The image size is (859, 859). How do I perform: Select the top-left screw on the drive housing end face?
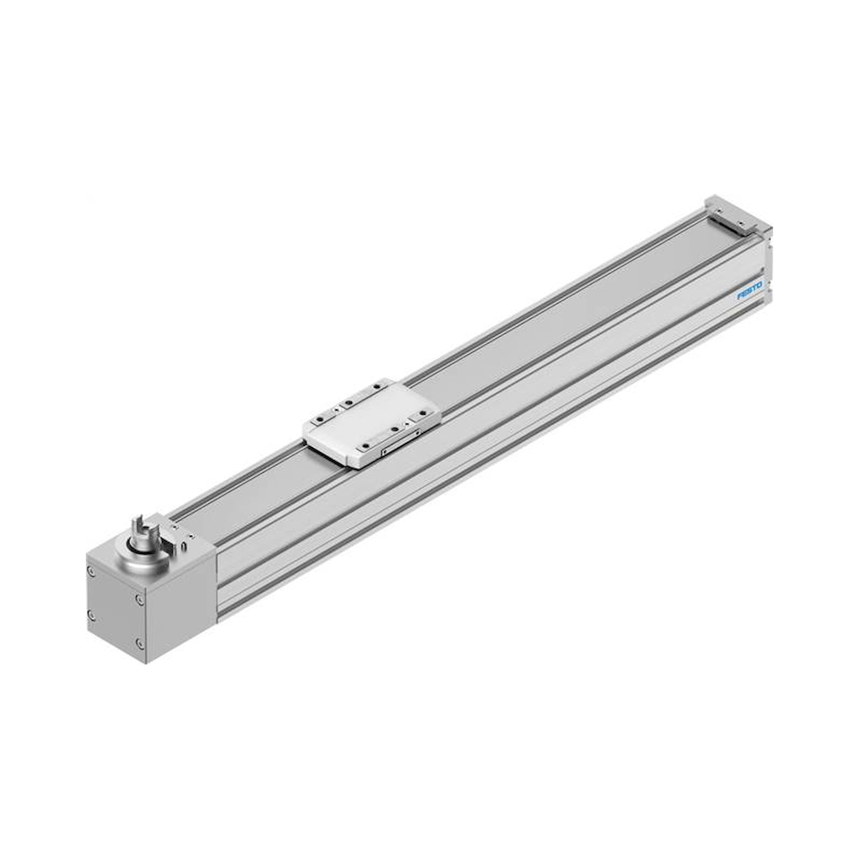pos(91,571)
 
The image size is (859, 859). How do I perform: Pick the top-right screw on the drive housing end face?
pos(140,599)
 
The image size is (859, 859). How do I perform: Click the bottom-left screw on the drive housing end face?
pos(91,615)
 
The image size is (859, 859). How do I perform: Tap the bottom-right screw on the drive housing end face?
pos(140,643)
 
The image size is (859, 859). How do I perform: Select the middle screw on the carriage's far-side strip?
pos(349,402)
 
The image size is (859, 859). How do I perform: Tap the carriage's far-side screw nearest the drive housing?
pos(320,419)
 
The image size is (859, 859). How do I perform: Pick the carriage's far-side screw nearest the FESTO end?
pos(377,387)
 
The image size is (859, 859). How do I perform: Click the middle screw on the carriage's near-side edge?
pos(395,429)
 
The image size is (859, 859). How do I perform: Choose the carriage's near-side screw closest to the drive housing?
pos(366,446)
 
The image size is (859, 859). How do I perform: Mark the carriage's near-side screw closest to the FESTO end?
pos(423,413)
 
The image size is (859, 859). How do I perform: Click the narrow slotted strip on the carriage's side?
pos(402,442)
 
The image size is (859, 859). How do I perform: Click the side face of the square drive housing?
pos(180,609)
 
